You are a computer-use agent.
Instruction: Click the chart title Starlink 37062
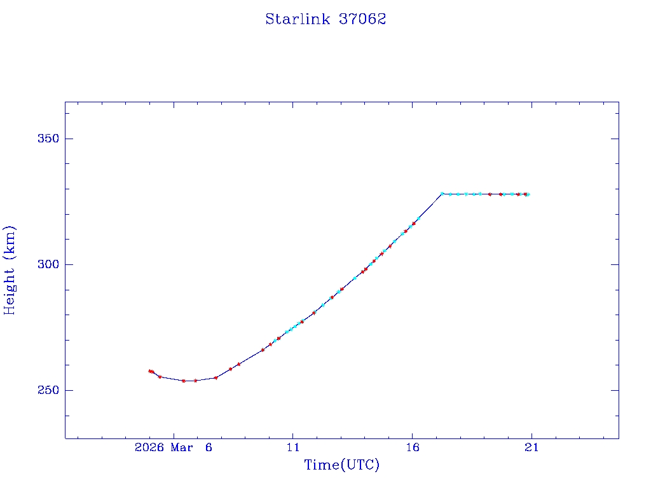[325, 19]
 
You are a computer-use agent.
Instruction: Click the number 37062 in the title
[362, 19]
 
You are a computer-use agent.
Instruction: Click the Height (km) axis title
[10, 270]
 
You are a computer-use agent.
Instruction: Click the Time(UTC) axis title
[341, 465]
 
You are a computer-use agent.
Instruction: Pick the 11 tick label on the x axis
[293, 448]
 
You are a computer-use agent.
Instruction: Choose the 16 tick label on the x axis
[412, 448]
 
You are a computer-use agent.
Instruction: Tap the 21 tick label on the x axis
[531, 448]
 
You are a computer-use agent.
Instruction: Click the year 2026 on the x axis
[150, 448]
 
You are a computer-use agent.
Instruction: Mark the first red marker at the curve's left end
[150, 371]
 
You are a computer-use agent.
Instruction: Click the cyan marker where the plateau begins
[442, 194]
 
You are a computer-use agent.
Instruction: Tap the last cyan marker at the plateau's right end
[528, 194]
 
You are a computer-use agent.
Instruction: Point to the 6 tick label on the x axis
[208, 448]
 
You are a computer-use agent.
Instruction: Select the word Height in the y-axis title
[10, 288]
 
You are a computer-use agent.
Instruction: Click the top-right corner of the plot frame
[619, 102]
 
